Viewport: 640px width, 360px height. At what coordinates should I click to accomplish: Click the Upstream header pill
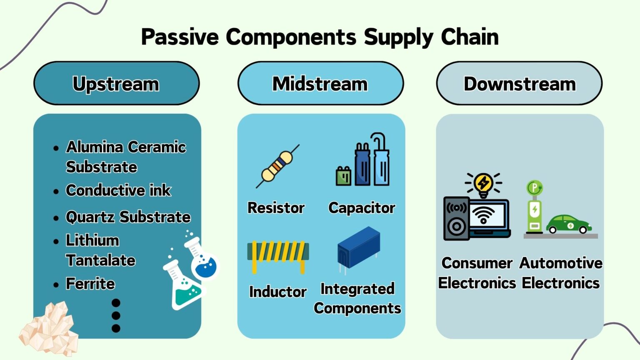[116, 83]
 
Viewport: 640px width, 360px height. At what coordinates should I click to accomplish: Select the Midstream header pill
[320, 83]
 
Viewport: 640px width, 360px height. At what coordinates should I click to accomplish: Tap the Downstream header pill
[519, 83]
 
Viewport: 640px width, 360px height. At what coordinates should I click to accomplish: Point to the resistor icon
[277, 166]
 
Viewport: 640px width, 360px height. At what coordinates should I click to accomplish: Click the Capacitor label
[361, 207]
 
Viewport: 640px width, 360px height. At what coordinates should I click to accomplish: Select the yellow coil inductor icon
[278, 255]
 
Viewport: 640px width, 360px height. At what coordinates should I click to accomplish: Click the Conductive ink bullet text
[118, 190]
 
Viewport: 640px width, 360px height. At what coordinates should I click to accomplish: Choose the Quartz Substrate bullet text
[128, 217]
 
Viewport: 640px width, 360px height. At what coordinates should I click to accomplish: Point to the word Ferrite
[90, 284]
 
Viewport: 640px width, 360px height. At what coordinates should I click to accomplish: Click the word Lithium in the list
[92, 240]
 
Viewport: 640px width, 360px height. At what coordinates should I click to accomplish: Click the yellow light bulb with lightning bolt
[483, 184]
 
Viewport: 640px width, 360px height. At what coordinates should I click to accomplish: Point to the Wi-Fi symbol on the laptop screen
[484, 215]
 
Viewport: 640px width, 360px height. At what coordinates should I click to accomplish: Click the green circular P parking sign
[534, 187]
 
